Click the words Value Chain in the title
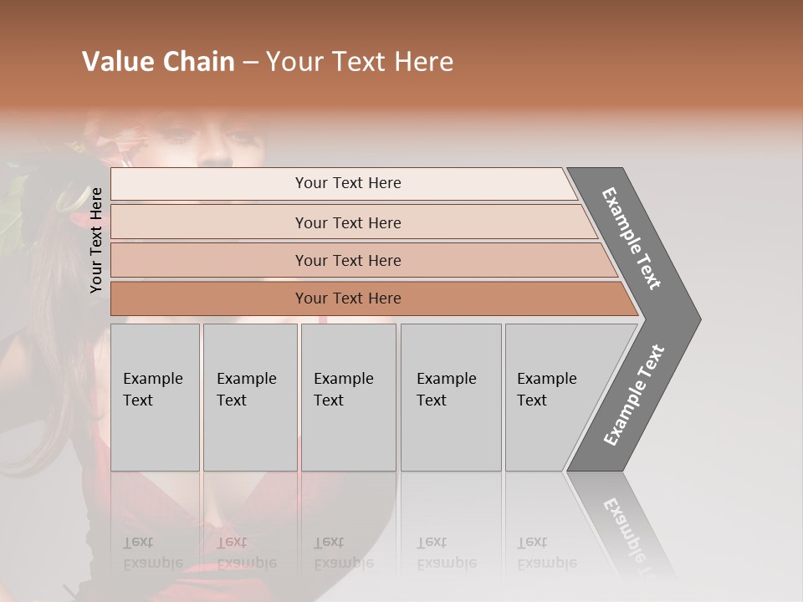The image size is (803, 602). tap(158, 62)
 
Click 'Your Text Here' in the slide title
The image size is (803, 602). tap(360, 62)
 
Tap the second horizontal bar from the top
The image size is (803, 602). tap(348, 222)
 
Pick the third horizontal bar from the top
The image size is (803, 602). tap(348, 260)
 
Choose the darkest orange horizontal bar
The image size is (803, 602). tap(348, 298)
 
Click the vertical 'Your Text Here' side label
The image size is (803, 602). tap(96, 240)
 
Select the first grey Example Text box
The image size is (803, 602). tap(155, 397)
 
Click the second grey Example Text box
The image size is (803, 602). tap(250, 397)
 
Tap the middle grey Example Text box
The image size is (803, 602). tap(348, 397)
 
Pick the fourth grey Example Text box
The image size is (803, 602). tap(451, 397)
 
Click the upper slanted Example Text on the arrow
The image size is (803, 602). tap(632, 238)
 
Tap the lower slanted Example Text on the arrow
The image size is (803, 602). tap(634, 395)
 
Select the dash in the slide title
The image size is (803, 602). tap(250, 62)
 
